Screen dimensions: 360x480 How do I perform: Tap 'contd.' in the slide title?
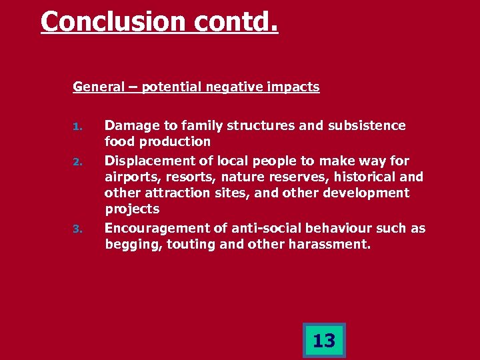[237, 21]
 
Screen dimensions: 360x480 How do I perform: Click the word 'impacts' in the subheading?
[295, 87]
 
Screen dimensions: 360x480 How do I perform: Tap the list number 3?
[77, 229]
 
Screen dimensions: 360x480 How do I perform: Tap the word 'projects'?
[132, 209]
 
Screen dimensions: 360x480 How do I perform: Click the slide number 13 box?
[324, 341]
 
